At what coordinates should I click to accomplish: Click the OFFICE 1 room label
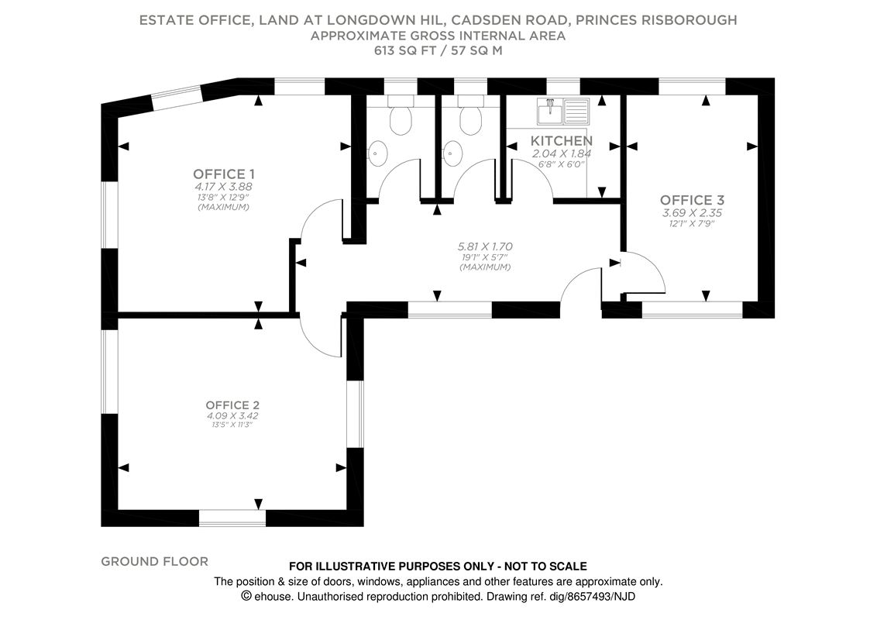click(x=224, y=174)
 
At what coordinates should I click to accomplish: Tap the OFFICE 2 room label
click(x=232, y=405)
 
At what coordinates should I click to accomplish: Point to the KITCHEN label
click(x=562, y=141)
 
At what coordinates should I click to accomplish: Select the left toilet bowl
click(x=401, y=120)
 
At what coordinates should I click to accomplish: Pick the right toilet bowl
click(x=470, y=120)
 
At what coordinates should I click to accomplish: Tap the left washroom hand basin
click(x=377, y=153)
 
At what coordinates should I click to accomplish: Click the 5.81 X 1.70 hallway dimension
click(x=485, y=247)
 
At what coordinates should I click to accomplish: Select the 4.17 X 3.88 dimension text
click(x=224, y=187)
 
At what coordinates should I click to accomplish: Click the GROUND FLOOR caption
click(x=154, y=561)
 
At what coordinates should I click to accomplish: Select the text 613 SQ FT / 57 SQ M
click(x=438, y=52)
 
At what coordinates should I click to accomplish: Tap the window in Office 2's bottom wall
click(x=232, y=518)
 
